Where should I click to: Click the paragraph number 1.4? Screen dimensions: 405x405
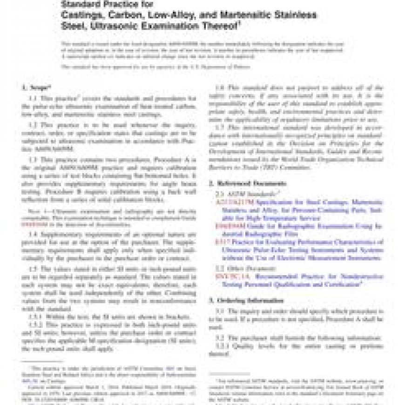[x=35, y=233]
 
